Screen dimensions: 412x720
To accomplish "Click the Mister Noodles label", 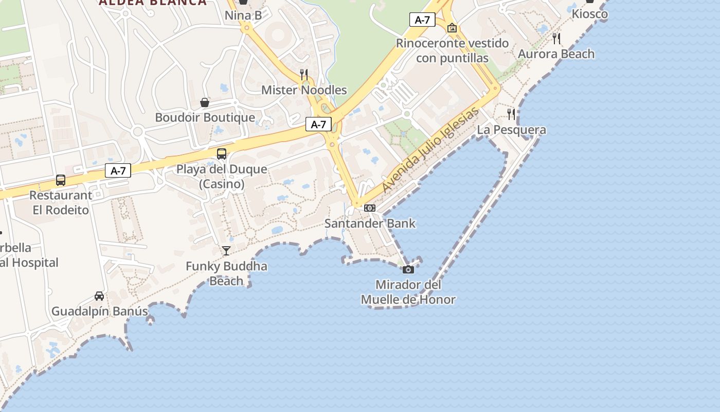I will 304,90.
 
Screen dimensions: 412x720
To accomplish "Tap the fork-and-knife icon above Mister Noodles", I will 304,75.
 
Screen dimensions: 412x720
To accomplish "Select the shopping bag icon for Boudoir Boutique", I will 205,102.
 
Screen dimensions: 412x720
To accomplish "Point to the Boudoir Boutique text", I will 205,117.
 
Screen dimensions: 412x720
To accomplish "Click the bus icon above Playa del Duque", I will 222,153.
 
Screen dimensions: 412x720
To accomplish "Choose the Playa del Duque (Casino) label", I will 222,176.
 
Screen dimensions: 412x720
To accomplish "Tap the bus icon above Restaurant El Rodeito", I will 61,180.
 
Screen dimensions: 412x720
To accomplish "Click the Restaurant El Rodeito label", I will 61,202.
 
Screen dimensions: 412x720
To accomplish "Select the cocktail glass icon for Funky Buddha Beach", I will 226,251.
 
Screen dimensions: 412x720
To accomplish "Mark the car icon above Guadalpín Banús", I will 99,296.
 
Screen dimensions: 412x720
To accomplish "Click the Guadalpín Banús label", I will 99,311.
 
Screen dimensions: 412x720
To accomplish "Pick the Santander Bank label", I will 370,224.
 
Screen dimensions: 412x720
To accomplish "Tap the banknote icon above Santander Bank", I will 370,208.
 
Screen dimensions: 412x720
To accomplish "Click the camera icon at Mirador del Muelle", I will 408,269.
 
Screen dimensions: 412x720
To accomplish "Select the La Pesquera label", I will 511,130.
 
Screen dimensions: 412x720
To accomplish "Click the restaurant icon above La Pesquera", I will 511,114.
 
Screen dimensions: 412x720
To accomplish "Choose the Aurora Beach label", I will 556,54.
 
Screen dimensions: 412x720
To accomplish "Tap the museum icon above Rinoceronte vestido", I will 452,28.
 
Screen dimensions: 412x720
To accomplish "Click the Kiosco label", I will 590,14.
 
